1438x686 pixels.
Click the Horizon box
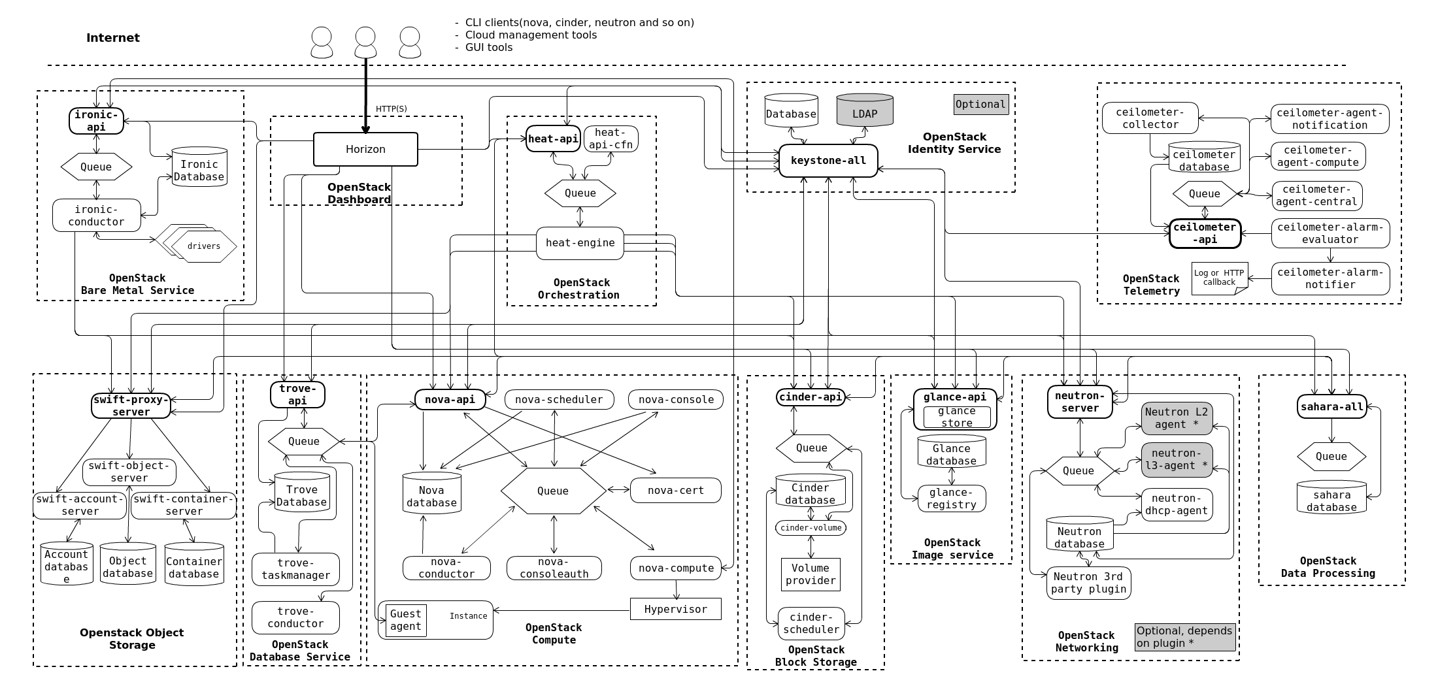tap(365, 150)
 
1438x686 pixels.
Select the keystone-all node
tap(828, 161)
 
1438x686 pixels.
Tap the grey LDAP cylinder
tap(864, 114)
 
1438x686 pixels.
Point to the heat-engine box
tap(580, 243)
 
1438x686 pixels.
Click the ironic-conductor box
tap(97, 216)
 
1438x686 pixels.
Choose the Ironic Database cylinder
tap(199, 169)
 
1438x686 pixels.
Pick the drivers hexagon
tap(204, 246)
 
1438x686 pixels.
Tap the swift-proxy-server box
tap(131, 406)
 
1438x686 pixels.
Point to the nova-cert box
tap(675, 491)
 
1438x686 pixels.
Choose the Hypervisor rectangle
tap(675, 609)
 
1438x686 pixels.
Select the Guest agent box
tap(406, 620)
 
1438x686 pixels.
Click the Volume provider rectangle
tap(811, 574)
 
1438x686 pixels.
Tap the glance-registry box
tap(952, 498)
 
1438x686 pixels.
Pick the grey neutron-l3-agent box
tap(1177, 460)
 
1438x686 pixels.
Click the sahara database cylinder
tap(1331, 499)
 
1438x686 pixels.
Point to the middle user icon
tap(365, 42)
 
